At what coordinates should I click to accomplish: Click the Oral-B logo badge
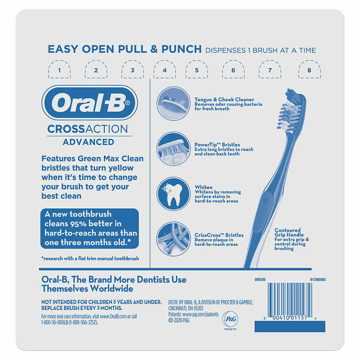(88, 103)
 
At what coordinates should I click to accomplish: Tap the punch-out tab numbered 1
(60, 69)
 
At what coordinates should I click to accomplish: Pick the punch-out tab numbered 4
(165, 69)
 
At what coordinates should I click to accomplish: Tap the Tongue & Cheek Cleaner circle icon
(174, 102)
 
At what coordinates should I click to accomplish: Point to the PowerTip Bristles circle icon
(174, 148)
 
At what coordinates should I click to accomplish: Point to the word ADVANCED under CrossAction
(88, 142)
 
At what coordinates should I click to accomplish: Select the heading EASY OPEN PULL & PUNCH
(124, 50)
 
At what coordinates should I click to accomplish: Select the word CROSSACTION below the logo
(88, 129)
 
